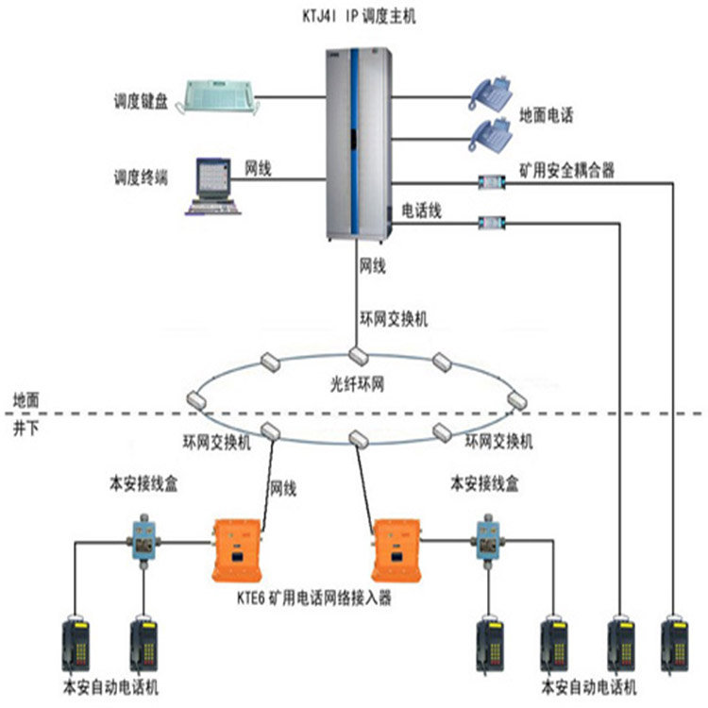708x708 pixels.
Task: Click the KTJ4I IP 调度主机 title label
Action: tap(354, 16)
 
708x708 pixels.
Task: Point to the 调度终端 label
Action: tap(140, 177)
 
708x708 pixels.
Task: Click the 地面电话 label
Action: tap(546, 115)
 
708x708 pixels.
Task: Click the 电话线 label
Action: tap(422, 210)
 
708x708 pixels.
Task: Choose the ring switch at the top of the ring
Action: tap(357, 355)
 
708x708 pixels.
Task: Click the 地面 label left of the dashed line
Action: tap(25, 401)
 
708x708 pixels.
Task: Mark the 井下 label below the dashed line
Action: tap(25, 428)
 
